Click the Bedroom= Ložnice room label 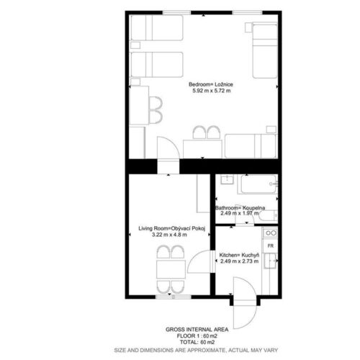211,84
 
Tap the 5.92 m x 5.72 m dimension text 212,91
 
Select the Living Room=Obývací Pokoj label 172,228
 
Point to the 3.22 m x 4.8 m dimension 169,235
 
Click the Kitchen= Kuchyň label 239,255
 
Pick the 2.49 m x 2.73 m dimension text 239,261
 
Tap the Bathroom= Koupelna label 240,208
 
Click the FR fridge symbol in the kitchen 271,246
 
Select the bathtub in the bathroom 258,184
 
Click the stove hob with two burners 271,233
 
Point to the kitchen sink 271,261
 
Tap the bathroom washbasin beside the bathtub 227,179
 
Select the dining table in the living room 171,269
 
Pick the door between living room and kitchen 200,261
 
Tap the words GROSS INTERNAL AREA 197,330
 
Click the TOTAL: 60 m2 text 197,342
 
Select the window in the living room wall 174,297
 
